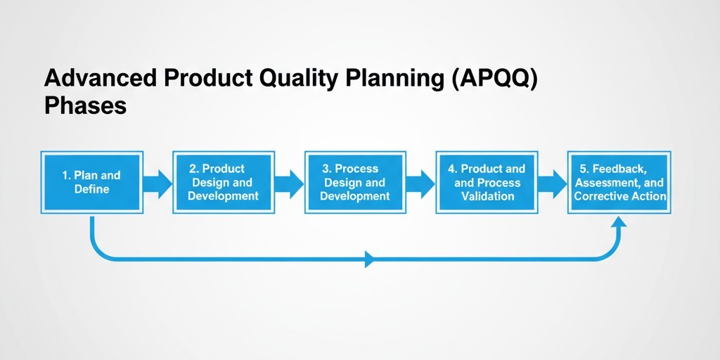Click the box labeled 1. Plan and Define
[x=92, y=182]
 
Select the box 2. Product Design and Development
[x=224, y=182]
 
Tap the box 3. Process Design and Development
[x=355, y=182]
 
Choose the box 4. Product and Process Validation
[x=487, y=182]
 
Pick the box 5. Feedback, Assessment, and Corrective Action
[x=619, y=182]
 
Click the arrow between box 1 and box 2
[x=157, y=184]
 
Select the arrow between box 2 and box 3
[x=289, y=184]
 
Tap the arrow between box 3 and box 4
[x=420, y=184]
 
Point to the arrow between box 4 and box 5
[x=553, y=184]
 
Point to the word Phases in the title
[x=85, y=105]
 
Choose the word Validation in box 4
[x=487, y=196]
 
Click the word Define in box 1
[x=92, y=189]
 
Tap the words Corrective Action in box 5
[x=619, y=196]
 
